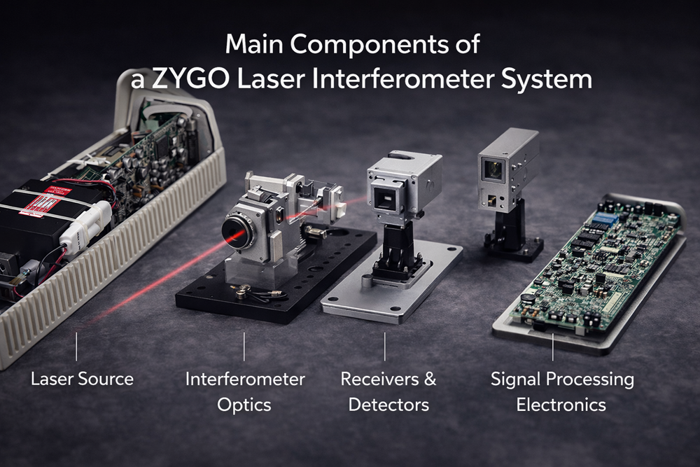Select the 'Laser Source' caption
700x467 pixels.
[82, 379]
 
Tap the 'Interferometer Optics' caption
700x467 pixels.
[245, 391]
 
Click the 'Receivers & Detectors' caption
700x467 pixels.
[388, 391]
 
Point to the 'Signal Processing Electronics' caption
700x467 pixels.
[562, 391]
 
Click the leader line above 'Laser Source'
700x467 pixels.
[76, 347]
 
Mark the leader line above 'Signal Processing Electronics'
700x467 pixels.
[553, 347]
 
